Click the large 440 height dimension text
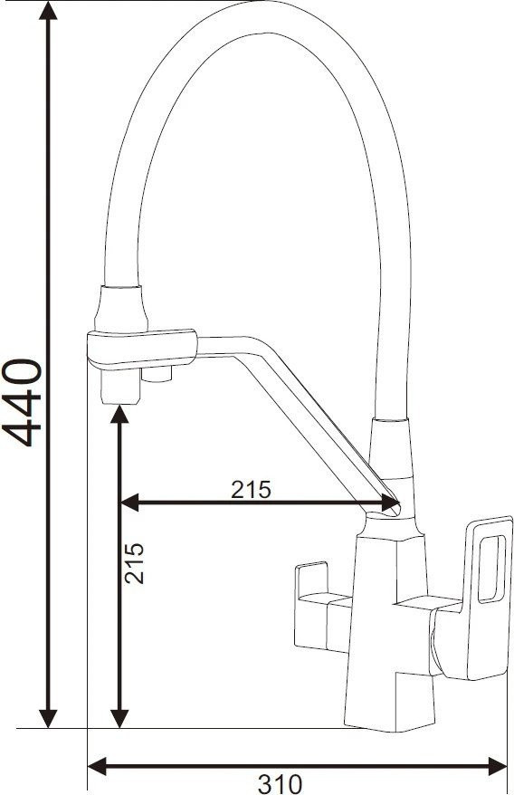[x=22, y=402]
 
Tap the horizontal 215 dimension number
[x=251, y=489]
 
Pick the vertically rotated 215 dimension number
[x=134, y=561]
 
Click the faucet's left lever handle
[x=314, y=589]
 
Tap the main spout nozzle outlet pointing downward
[x=118, y=389]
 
